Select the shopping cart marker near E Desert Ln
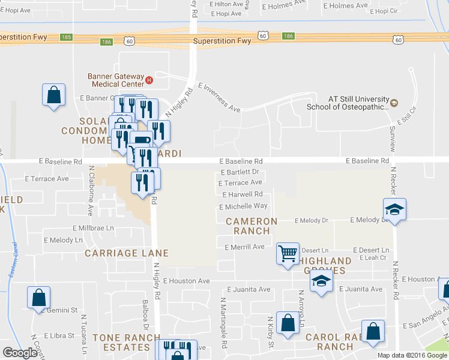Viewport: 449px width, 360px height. tap(288, 253)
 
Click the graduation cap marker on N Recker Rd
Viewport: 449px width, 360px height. tap(394, 209)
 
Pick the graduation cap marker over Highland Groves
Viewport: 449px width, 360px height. tap(322, 281)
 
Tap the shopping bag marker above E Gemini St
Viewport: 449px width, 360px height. tap(38, 297)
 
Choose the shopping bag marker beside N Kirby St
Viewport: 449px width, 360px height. tap(289, 322)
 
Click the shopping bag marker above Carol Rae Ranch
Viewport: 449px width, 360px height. tap(373, 331)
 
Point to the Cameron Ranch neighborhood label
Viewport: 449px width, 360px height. tap(252, 226)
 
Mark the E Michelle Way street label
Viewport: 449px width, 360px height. tap(243, 206)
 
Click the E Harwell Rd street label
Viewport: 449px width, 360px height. tap(242, 194)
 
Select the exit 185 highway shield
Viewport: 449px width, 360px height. tap(67, 37)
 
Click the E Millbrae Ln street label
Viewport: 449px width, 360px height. tap(93, 228)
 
